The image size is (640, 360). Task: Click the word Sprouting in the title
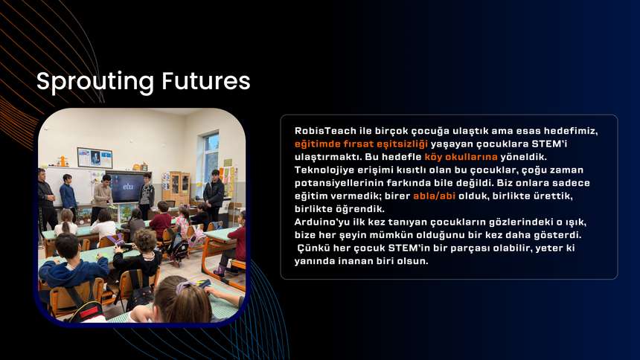pos(95,82)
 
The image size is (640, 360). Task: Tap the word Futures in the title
pos(206,80)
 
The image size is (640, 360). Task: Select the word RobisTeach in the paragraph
pos(325,131)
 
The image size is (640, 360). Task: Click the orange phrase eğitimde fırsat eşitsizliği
pos(361,144)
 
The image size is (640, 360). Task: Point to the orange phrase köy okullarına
pos(461,157)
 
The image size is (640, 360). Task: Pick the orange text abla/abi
pos(435,196)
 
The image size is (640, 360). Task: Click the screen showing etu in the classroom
pos(128,187)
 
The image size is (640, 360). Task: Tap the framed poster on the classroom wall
pos(95,158)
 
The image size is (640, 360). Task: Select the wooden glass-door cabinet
pos(179,188)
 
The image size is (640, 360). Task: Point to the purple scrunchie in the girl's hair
pos(184,286)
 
